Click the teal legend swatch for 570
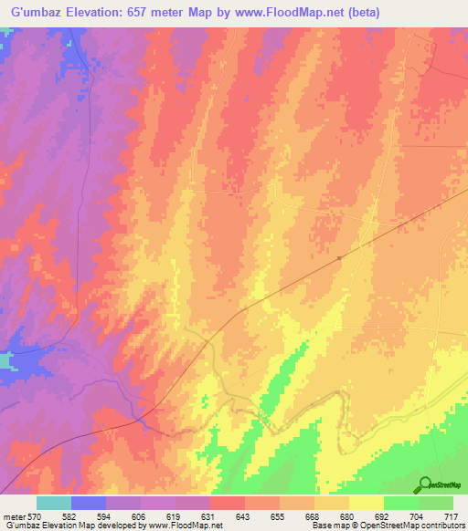tap(54, 503)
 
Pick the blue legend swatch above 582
tap(89, 503)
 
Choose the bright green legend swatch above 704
tap(400, 503)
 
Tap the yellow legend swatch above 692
tap(366, 503)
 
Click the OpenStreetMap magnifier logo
tap(424, 485)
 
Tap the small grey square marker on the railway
tap(339, 257)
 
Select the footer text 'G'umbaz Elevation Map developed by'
tap(61, 526)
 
